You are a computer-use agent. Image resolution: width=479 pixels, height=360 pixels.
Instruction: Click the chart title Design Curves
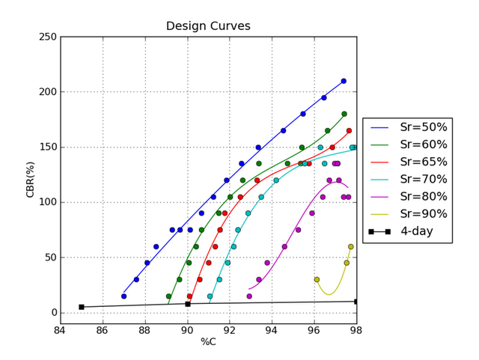click(208, 26)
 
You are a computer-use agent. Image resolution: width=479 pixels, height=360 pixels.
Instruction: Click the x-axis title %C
click(208, 341)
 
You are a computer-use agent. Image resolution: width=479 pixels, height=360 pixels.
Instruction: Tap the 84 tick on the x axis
click(60, 329)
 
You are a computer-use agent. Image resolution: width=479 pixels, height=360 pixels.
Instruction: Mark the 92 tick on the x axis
click(230, 329)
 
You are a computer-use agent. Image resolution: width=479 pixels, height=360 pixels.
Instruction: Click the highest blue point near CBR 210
click(344, 81)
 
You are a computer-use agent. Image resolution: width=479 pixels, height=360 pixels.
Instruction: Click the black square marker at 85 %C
click(82, 307)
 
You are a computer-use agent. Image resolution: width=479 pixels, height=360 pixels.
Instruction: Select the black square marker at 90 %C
click(188, 304)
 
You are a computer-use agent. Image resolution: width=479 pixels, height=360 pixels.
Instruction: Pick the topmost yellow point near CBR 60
click(350, 246)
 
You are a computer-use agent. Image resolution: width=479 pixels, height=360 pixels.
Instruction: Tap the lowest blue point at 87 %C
click(124, 296)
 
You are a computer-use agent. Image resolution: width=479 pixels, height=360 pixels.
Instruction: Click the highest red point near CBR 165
click(349, 130)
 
